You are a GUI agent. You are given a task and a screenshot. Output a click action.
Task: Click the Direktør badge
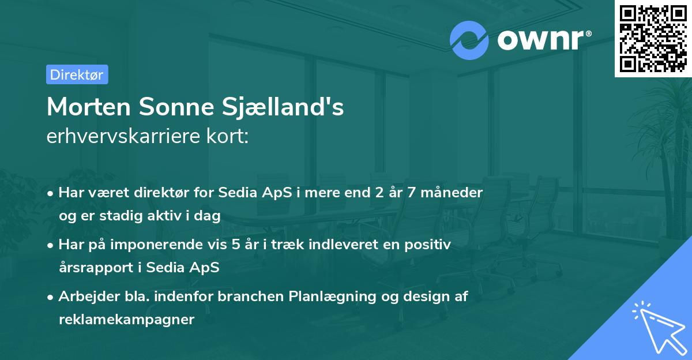coord(77,74)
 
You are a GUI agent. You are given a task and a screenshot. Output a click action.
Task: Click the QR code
coord(653,38)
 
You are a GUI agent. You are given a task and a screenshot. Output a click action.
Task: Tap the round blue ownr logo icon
coord(469,40)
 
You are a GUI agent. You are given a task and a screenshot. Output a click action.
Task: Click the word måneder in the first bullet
coord(454,193)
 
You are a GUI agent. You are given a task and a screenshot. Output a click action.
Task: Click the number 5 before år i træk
coord(236,245)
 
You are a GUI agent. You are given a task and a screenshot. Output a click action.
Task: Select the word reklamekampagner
coord(126,320)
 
